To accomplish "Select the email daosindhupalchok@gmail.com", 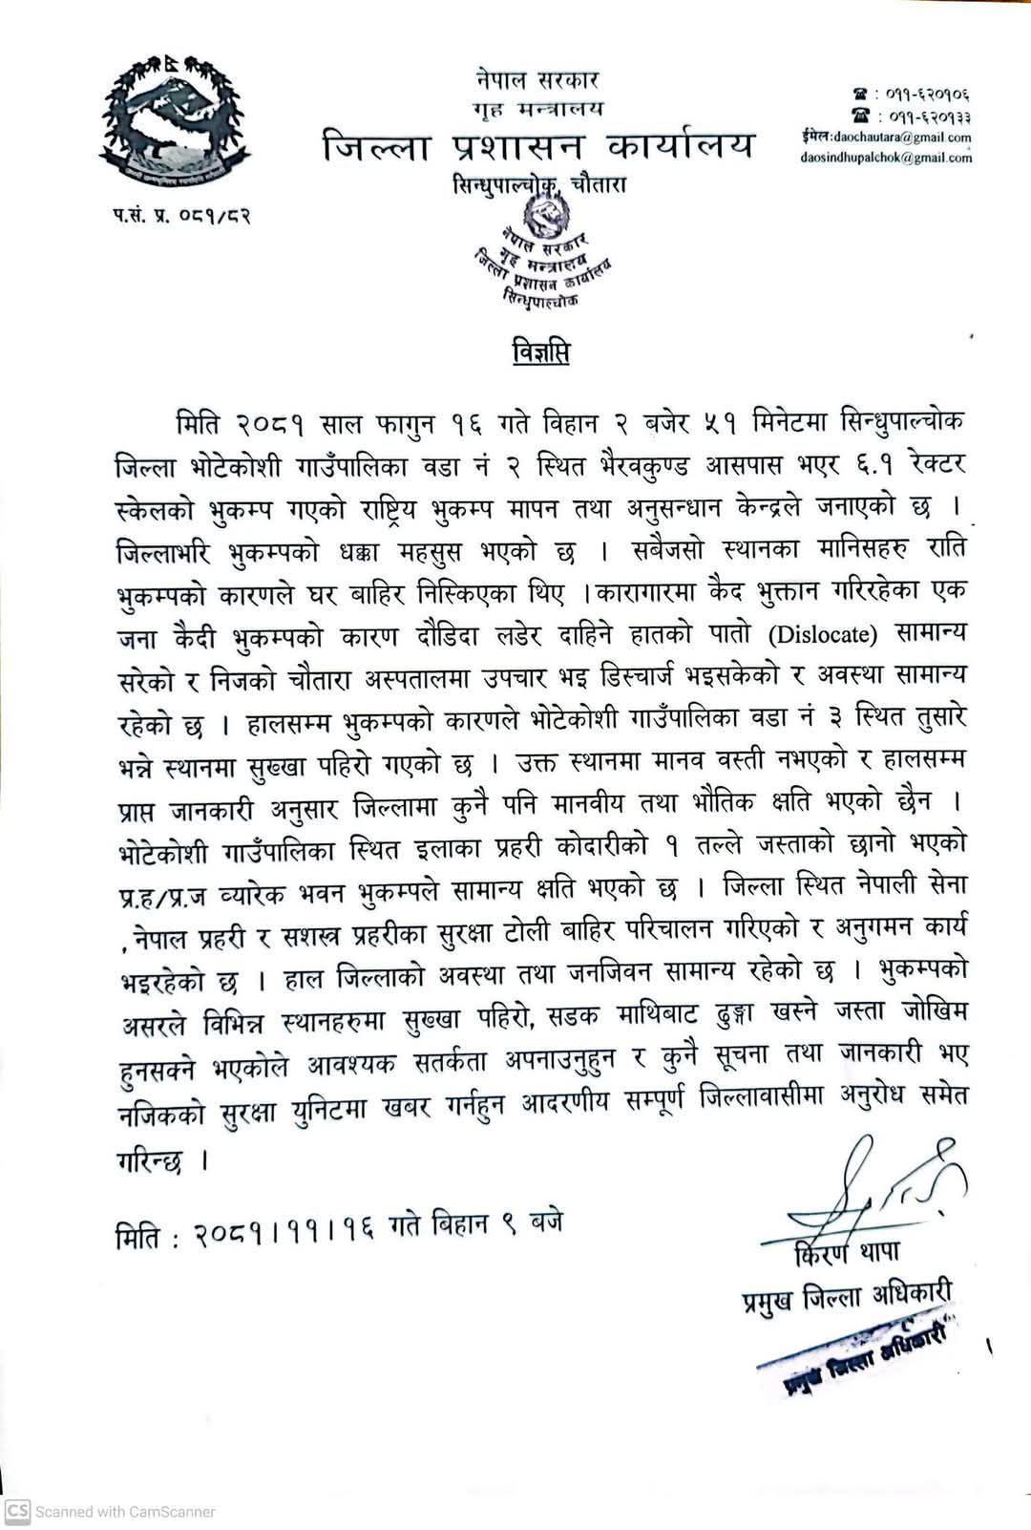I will [886, 158].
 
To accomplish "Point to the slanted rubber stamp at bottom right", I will [857, 1355].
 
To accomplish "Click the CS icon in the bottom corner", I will [18, 1511].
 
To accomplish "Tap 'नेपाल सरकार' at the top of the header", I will [538, 80].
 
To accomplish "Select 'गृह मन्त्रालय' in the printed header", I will [538, 108].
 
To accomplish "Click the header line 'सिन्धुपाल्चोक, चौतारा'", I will [539, 185].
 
